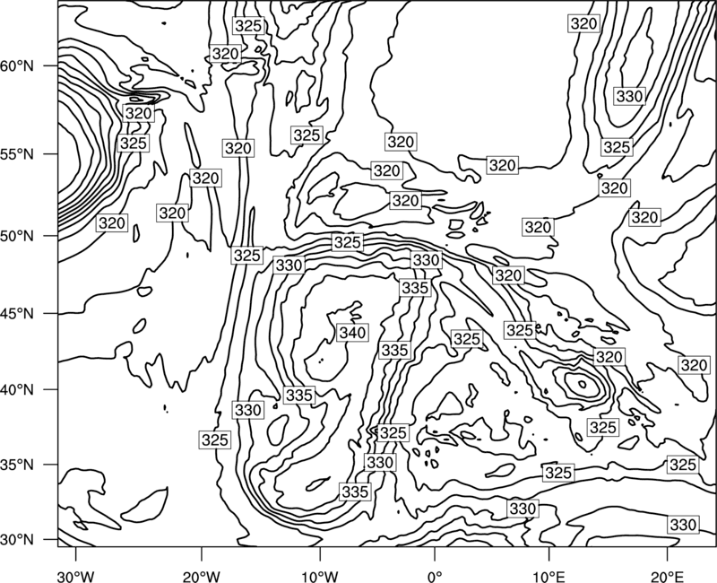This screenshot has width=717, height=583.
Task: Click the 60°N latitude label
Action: pos(17,66)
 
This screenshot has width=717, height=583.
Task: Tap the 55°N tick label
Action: pos(17,154)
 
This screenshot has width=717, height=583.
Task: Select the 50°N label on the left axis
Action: pos(17,236)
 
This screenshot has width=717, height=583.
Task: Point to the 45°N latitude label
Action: pos(17,314)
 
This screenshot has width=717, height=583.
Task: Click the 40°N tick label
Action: pos(17,390)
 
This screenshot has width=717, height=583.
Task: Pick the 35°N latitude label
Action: pos(17,465)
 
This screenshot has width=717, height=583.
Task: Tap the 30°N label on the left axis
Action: pos(17,540)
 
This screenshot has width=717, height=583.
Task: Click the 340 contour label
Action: pos(352,332)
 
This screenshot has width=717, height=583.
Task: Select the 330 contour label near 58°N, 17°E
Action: pos(630,97)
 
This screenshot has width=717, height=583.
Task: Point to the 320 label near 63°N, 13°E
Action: pos(584,23)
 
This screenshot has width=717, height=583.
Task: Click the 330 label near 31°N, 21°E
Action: pos(683,525)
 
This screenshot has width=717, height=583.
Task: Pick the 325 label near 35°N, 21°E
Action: pos(683,465)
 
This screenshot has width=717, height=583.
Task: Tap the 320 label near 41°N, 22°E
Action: pos(694,365)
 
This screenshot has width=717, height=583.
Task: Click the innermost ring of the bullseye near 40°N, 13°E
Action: pos(582,384)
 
